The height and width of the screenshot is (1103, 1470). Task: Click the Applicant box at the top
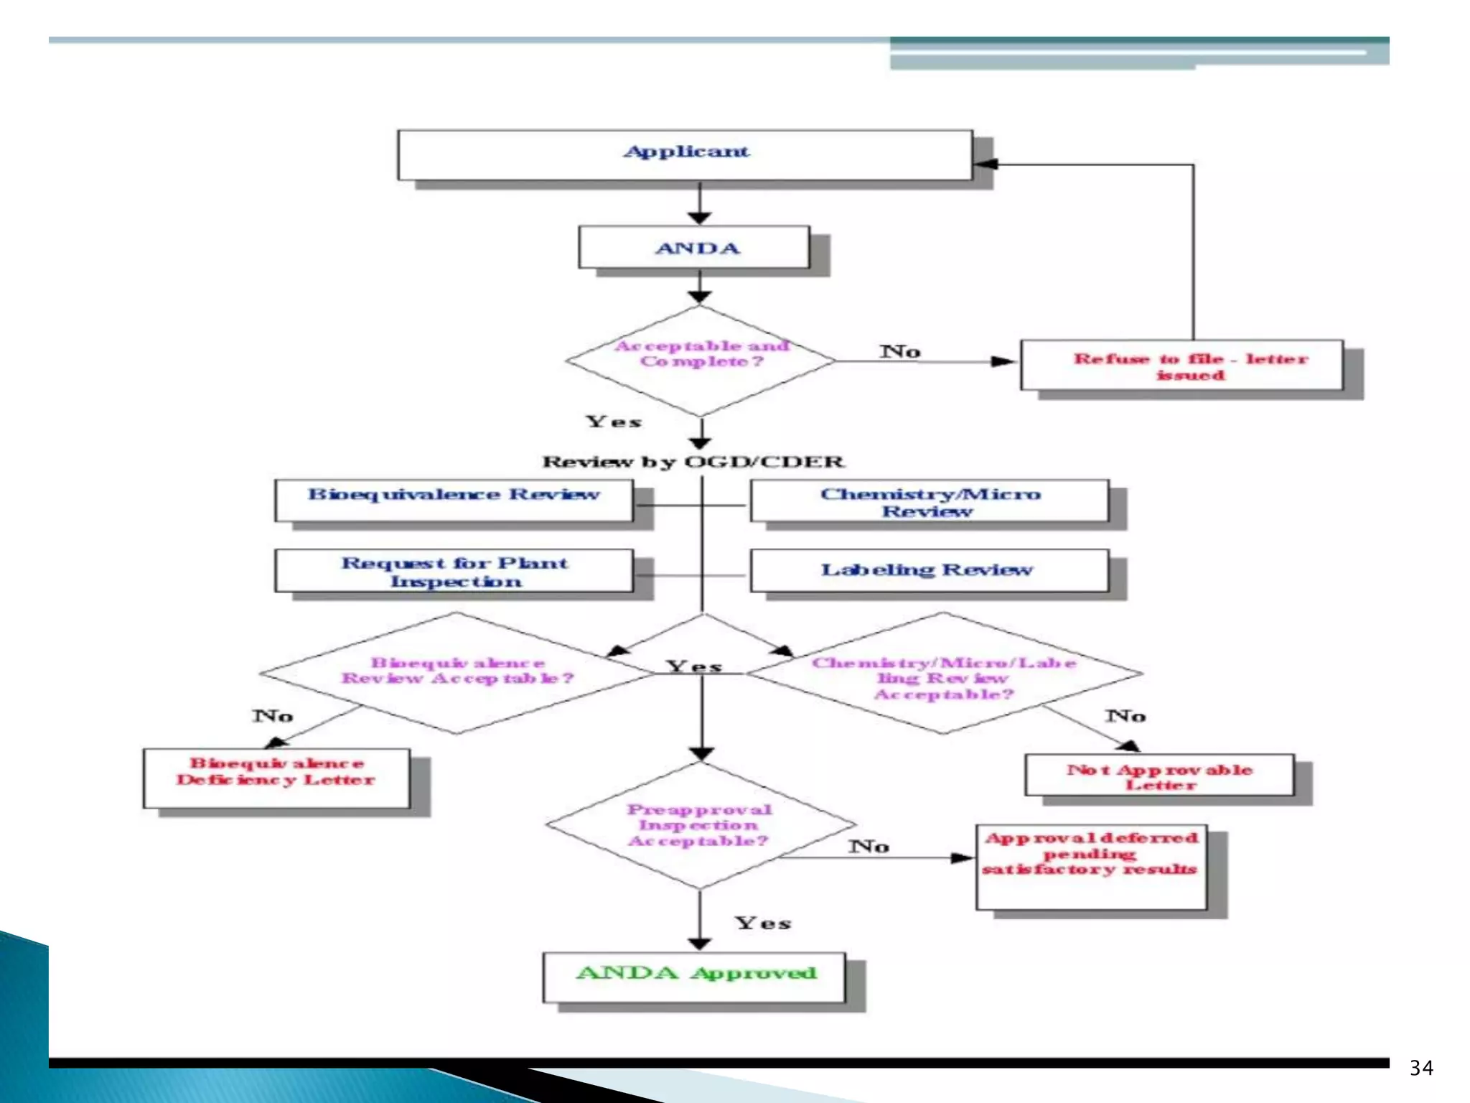(x=685, y=154)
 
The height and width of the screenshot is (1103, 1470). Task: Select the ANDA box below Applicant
(x=695, y=248)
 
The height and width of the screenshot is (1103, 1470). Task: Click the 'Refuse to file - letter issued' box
(x=1181, y=366)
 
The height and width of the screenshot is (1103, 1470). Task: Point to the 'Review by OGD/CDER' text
(x=693, y=462)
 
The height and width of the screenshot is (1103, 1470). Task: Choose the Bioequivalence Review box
(x=454, y=500)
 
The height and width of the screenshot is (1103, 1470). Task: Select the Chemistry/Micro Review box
(x=929, y=501)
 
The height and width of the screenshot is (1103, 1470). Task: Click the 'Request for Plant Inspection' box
(x=454, y=571)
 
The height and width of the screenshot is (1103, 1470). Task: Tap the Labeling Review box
(x=929, y=570)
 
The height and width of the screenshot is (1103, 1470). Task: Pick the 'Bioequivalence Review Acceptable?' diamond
(x=457, y=673)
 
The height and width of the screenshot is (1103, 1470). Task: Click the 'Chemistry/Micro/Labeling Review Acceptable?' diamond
(x=943, y=675)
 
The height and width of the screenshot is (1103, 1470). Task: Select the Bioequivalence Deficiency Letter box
(x=276, y=778)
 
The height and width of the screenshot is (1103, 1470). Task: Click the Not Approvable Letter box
(x=1159, y=776)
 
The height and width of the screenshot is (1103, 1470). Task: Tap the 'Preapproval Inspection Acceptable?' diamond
(x=700, y=825)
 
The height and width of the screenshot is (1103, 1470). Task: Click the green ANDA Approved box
(x=694, y=977)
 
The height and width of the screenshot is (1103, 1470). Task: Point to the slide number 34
(x=1420, y=1068)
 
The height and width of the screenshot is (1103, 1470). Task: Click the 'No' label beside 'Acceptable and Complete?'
(x=900, y=351)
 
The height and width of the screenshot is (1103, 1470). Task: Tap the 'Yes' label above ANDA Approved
(x=762, y=923)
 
